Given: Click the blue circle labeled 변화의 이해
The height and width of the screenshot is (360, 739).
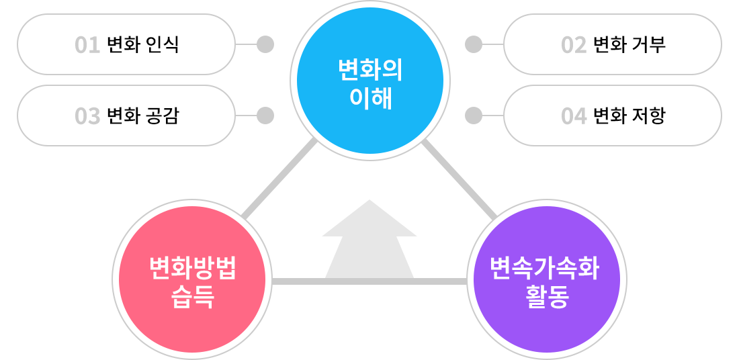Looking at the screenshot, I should [370, 81].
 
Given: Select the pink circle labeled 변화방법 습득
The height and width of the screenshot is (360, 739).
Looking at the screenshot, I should [192, 279].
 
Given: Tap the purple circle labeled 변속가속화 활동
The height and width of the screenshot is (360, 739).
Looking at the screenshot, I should [547, 279].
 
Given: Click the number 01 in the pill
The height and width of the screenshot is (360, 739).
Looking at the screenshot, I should [87, 45].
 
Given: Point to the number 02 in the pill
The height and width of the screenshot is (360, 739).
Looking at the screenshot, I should [574, 45].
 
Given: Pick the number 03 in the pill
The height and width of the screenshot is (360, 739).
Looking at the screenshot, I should [87, 116].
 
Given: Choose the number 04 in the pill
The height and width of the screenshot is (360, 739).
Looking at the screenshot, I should [574, 116].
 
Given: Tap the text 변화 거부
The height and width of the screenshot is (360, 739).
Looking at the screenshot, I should [629, 45].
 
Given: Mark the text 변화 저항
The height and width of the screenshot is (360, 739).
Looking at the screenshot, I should [629, 116].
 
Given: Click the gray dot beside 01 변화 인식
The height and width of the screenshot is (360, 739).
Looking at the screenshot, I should [265, 44].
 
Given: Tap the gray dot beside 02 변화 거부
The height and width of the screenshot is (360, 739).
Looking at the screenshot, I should [474, 44].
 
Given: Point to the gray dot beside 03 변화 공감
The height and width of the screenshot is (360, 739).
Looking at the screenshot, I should [265, 116].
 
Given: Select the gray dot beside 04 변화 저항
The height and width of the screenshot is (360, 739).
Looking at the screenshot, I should [474, 116].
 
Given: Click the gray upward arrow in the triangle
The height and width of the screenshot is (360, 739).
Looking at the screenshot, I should [369, 242].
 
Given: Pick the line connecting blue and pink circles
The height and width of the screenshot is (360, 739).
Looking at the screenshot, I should [279, 179].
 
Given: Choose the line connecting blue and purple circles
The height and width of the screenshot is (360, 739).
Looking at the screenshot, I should [460, 179].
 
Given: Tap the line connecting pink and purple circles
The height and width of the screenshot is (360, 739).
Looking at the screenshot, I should [369, 281].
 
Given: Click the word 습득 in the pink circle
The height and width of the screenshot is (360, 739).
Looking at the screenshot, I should [192, 296].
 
